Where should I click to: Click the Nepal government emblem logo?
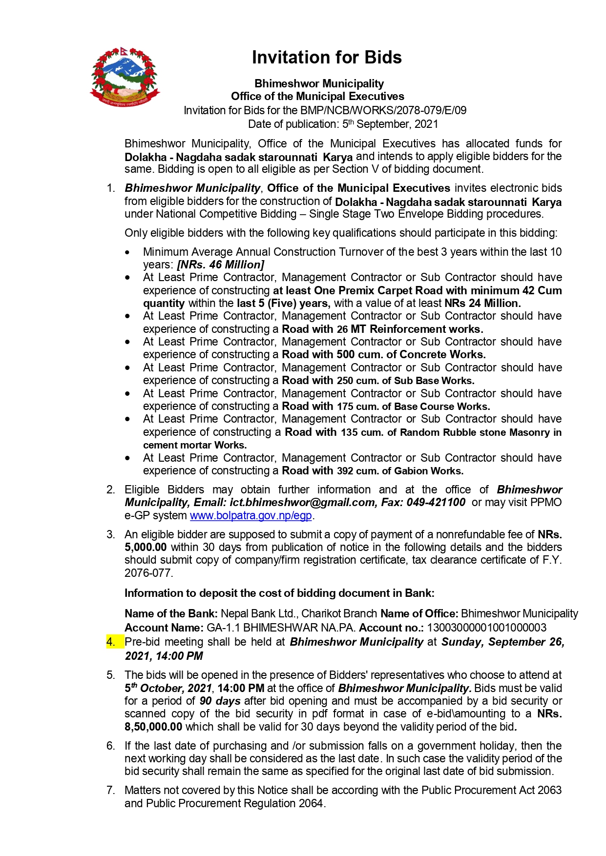pos(125,76)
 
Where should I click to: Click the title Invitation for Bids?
pos(327,58)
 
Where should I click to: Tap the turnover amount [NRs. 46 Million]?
pos(221,265)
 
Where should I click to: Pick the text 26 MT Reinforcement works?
pos(410,329)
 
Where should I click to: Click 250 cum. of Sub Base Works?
pos(405,381)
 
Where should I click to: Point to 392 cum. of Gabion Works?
pos(400,471)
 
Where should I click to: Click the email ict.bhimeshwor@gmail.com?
pos(303,502)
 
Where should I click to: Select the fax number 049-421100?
pos(436,502)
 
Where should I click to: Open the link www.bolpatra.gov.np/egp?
pos(251,515)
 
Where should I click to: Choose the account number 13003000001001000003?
pos(486,628)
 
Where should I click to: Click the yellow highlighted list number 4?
pos(111,642)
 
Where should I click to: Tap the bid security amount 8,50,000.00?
pos(153,727)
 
